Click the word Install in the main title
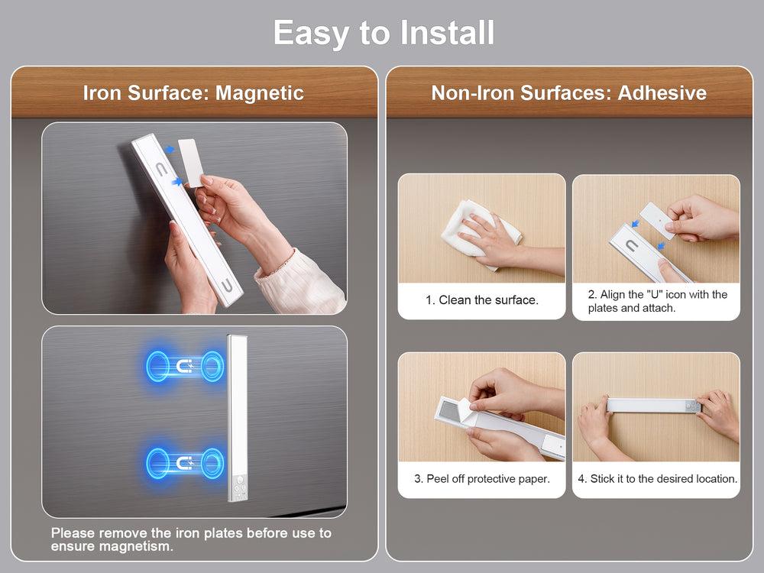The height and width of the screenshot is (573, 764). [447, 33]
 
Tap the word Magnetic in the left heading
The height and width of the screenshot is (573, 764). [260, 92]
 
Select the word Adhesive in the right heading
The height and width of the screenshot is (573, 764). [662, 92]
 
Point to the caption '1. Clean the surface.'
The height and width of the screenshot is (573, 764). [482, 299]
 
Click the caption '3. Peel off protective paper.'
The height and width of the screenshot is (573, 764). [482, 478]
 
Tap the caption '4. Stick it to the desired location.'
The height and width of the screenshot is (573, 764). [657, 478]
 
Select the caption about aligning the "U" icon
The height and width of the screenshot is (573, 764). [657, 301]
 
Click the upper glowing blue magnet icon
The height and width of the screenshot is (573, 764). [185, 366]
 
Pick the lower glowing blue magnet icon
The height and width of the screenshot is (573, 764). [185, 462]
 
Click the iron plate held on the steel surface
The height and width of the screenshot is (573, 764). [191, 162]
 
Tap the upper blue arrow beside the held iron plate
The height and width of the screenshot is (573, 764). [169, 150]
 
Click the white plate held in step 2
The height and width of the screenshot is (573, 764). [657, 220]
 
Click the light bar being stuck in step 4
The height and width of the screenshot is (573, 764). [654, 404]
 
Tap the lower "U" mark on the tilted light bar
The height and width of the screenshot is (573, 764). [227, 286]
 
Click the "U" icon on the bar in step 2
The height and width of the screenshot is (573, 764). [632, 245]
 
